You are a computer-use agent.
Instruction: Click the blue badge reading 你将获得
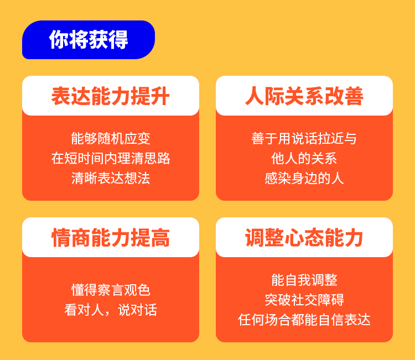pyautogui.click(x=89, y=40)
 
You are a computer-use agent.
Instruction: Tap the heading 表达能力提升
pyautogui.click(x=110, y=96)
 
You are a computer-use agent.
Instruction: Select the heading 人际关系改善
pyautogui.click(x=304, y=96)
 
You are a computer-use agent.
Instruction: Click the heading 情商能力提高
pyautogui.click(x=110, y=238)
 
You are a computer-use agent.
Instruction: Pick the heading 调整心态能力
pyautogui.click(x=304, y=238)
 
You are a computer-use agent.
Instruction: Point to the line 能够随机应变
pyautogui.click(x=111, y=138)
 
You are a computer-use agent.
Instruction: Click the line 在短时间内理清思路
pyautogui.click(x=111, y=158)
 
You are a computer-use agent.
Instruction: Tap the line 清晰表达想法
pyautogui.click(x=111, y=178)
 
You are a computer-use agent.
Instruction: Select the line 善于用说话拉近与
pyautogui.click(x=304, y=138)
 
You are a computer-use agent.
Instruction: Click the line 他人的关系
pyautogui.click(x=304, y=158)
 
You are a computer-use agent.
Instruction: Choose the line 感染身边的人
pyautogui.click(x=304, y=178)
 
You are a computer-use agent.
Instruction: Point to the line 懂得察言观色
pyautogui.click(x=111, y=290)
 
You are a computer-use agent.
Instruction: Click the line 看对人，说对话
pyautogui.click(x=111, y=310)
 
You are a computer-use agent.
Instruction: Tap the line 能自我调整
pyautogui.click(x=304, y=280)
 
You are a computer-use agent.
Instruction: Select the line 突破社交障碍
pyautogui.click(x=304, y=300)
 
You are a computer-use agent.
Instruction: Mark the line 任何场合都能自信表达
pyautogui.click(x=304, y=320)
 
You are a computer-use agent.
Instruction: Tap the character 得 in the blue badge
pyautogui.click(x=118, y=40)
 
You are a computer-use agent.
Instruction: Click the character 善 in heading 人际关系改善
pyautogui.click(x=354, y=96)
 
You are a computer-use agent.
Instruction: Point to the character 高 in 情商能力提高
pyautogui.click(x=160, y=238)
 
